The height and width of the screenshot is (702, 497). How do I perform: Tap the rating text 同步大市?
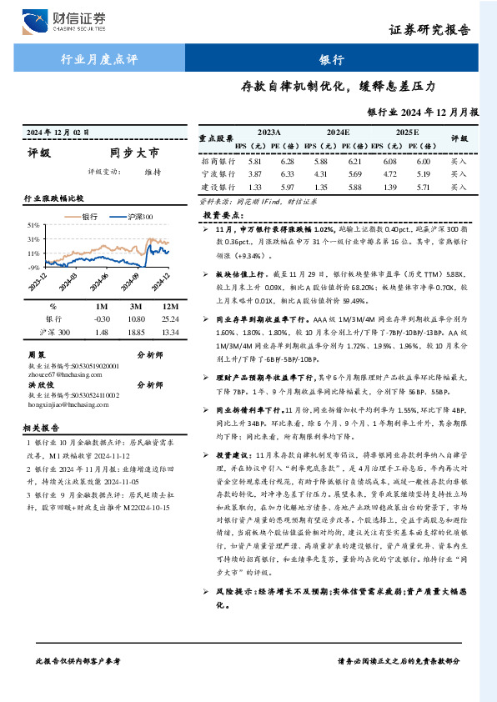[133, 153]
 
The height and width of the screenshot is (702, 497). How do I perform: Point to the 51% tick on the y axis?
[33, 226]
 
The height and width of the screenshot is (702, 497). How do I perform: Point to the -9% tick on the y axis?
[33, 267]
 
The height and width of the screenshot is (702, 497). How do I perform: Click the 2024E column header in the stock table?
[338, 133]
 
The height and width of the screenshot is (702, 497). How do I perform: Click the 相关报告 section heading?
[42, 427]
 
